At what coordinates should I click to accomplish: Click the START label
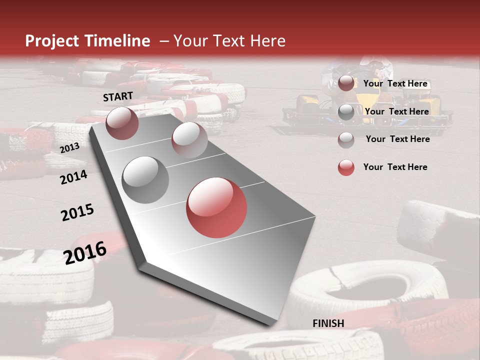pos(118,96)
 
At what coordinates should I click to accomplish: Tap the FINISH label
pos(328,323)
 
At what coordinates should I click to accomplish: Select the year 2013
pos(69,148)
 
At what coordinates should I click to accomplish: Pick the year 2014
pos(73,177)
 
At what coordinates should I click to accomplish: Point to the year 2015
pos(77,212)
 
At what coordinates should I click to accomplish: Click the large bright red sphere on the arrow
pos(216,207)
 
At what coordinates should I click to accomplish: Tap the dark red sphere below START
pos(122,123)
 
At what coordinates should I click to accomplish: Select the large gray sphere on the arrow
pos(145,179)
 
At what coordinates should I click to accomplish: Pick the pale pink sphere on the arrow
pos(189,139)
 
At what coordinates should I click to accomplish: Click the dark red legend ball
pos(346,83)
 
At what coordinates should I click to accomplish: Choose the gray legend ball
pos(346,112)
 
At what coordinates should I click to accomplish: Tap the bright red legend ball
pos(346,167)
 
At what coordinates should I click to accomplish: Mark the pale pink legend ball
pos(346,140)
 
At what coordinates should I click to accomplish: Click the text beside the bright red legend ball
pos(395,167)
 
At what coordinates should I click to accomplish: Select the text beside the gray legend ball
pos(396,111)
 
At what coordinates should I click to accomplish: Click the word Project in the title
pos(52,41)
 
